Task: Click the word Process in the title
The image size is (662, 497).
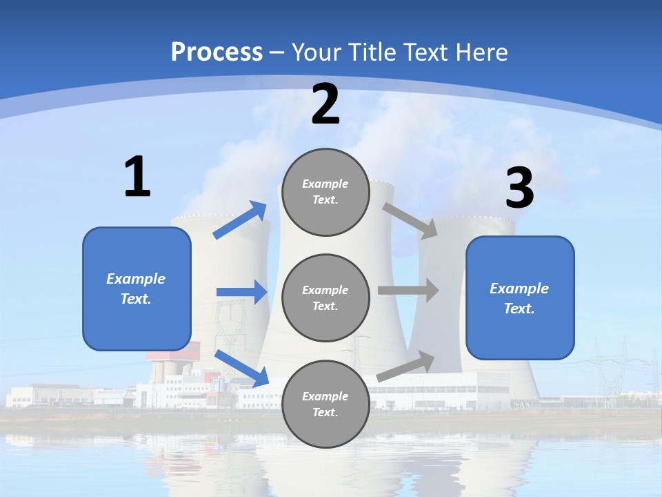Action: click(x=217, y=52)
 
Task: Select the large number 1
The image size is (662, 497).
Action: click(x=137, y=177)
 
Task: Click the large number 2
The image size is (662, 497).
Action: click(x=325, y=105)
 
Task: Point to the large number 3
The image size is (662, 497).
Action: click(x=520, y=188)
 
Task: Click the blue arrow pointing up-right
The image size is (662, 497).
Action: click(x=240, y=220)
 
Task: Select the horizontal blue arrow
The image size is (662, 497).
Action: click(x=242, y=292)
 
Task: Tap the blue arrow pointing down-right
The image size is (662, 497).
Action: click(x=242, y=368)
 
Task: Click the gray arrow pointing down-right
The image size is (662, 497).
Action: click(x=410, y=221)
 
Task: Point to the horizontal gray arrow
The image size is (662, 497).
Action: click(x=408, y=291)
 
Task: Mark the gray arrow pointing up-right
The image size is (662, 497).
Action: click(x=406, y=366)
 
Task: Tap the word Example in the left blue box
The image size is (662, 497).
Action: click(x=136, y=279)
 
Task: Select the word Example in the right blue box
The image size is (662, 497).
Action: click(x=519, y=289)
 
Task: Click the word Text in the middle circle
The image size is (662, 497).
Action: click(x=324, y=306)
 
